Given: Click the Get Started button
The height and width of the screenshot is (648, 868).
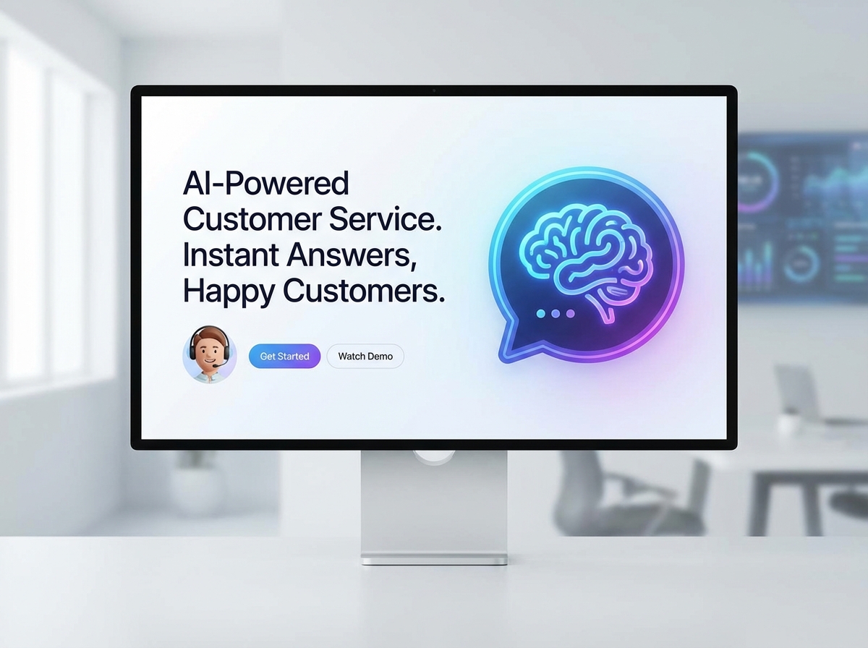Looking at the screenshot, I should pyautogui.click(x=284, y=357).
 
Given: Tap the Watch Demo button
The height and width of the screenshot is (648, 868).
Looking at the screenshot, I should pyautogui.click(x=365, y=357).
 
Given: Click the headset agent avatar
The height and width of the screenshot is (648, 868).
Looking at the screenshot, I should pyautogui.click(x=210, y=354).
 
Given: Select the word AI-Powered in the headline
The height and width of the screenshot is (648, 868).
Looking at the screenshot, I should pyautogui.click(x=265, y=184).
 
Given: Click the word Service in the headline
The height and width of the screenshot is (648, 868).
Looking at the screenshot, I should pyautogui.click(x=386, y=219).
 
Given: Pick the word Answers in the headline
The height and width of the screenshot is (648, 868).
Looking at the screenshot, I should pyautogui.click(x=352, y=255).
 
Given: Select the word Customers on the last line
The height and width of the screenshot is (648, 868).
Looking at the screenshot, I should pyautogui.click(x=362, y=291).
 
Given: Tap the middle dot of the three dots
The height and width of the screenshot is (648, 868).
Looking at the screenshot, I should pyautogui.click(x=555, y=314).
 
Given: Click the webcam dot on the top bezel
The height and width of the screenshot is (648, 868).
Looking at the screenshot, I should pyautogui.click(x=434, y=90).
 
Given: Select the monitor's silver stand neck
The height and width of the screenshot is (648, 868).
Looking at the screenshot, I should pyautogui.click(x=434, y=499).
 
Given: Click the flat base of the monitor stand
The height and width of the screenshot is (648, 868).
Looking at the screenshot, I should pyautogui.click(x=434, y=559).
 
